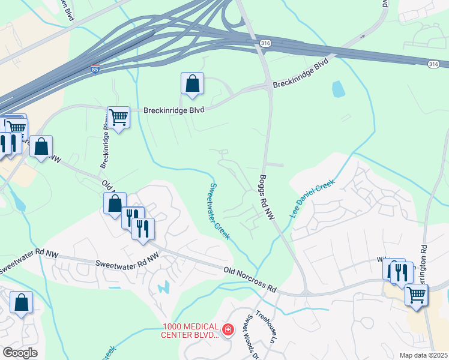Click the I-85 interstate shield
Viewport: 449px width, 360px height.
click(95, 70)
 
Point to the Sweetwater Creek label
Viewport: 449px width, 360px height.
click(219, 211)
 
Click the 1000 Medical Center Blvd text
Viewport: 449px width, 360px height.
click(191, 331)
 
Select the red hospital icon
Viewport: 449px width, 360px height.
click(228, 329)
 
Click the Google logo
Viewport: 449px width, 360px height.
click(20, 353)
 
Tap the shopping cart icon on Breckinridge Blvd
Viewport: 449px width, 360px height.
click(118, 118)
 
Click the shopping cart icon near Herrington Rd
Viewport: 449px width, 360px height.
click(416, 294)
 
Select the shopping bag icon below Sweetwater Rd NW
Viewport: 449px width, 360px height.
click(21, 303)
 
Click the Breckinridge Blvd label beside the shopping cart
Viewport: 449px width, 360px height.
click(173, 110)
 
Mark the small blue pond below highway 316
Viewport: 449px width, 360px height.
click(338, 89)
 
